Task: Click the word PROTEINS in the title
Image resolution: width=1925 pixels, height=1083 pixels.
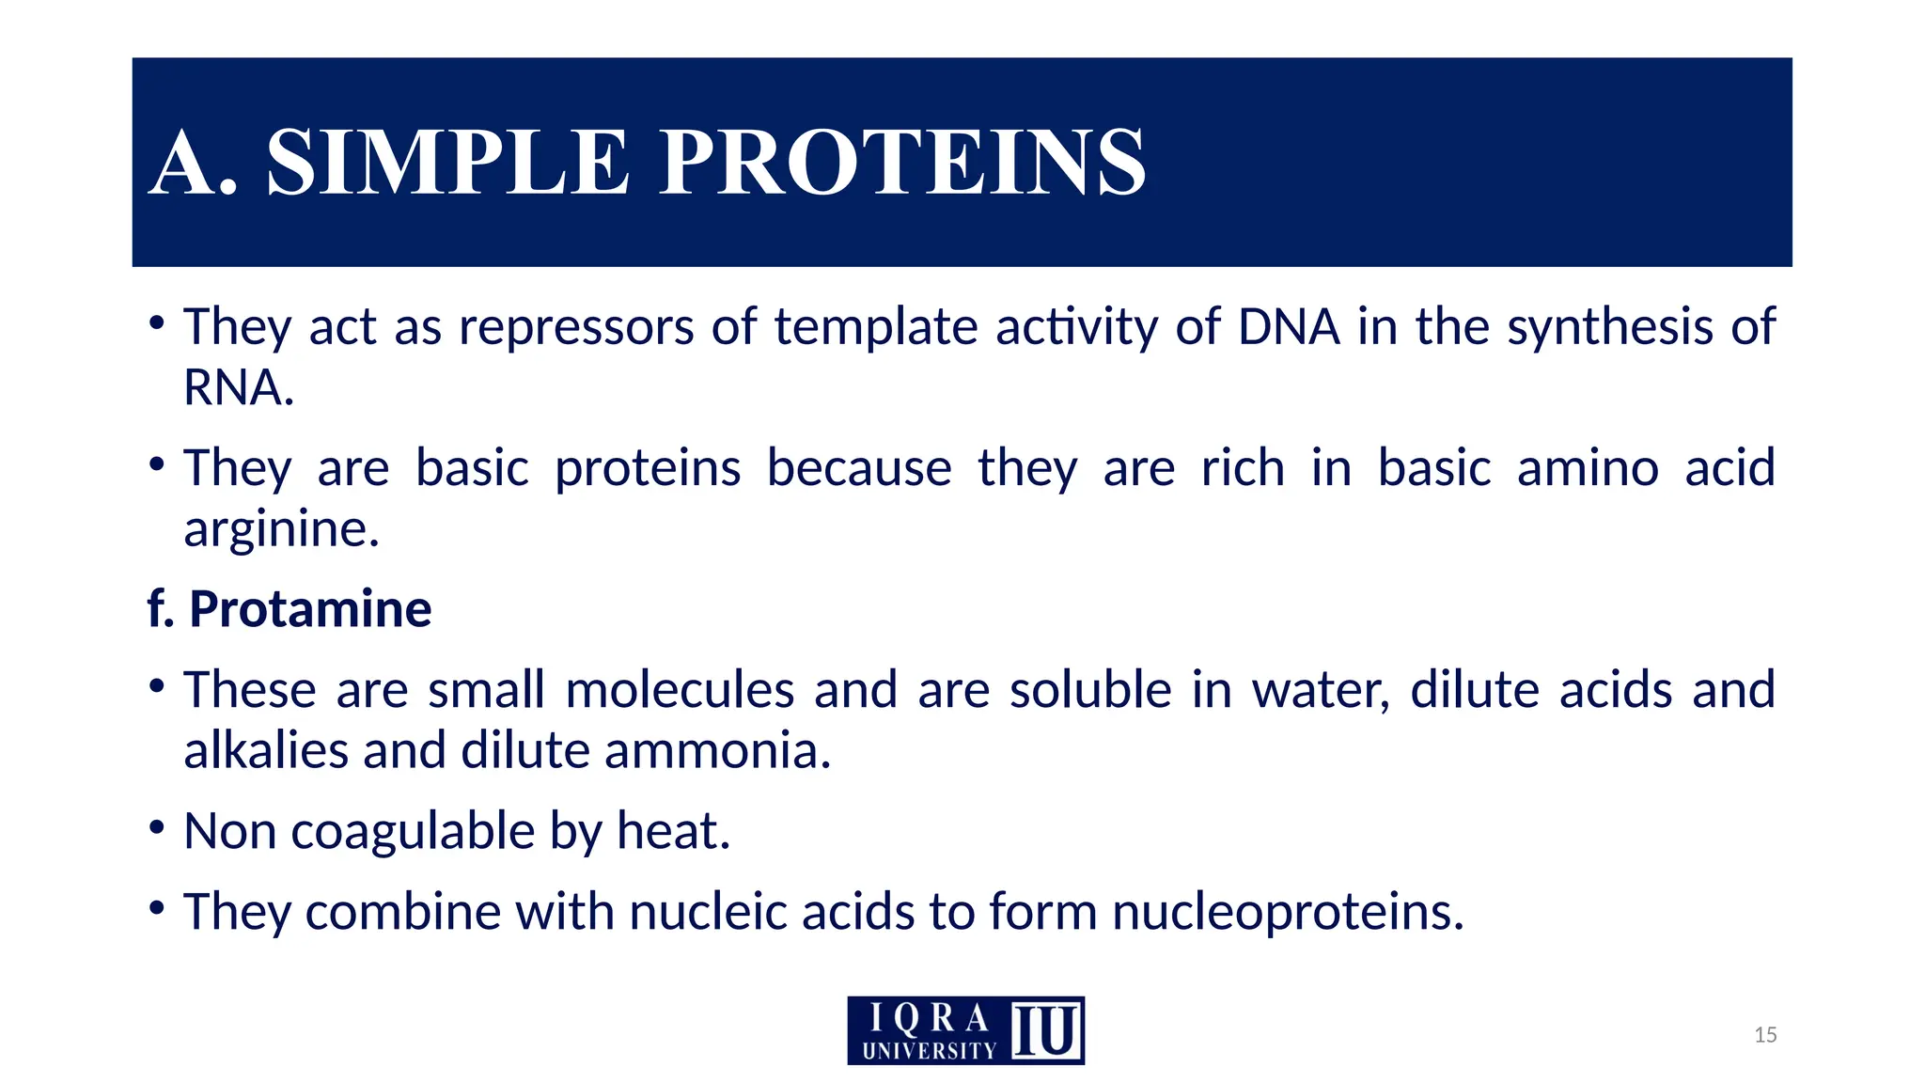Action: click(x=902, y=163)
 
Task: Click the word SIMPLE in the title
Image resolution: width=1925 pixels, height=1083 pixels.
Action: click(x=447, y=163)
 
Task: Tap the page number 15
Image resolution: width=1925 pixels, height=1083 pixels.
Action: click(x=1765, y=1035)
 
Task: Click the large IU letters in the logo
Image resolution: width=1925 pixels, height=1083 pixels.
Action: click(x=1046, y=1031)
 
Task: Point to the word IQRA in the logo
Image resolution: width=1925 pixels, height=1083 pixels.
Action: click(x=929, y=1018)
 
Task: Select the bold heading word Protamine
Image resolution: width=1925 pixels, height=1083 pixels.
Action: click(x=310, y=608)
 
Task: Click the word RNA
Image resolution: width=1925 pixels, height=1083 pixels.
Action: click(x=237, y=387)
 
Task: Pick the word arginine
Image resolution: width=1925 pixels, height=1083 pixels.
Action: click(x=279, y=528)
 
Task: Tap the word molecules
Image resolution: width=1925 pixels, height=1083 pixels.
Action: click(x=680, y=689)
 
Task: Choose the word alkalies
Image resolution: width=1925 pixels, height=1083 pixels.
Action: click(x=266, y=750)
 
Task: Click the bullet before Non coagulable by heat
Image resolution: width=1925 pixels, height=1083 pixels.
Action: click(x=157, y=829)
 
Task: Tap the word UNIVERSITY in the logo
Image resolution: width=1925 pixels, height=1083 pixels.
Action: click(x=929, y=1051)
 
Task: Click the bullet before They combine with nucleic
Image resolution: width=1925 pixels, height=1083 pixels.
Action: click(x=157, y=909)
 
